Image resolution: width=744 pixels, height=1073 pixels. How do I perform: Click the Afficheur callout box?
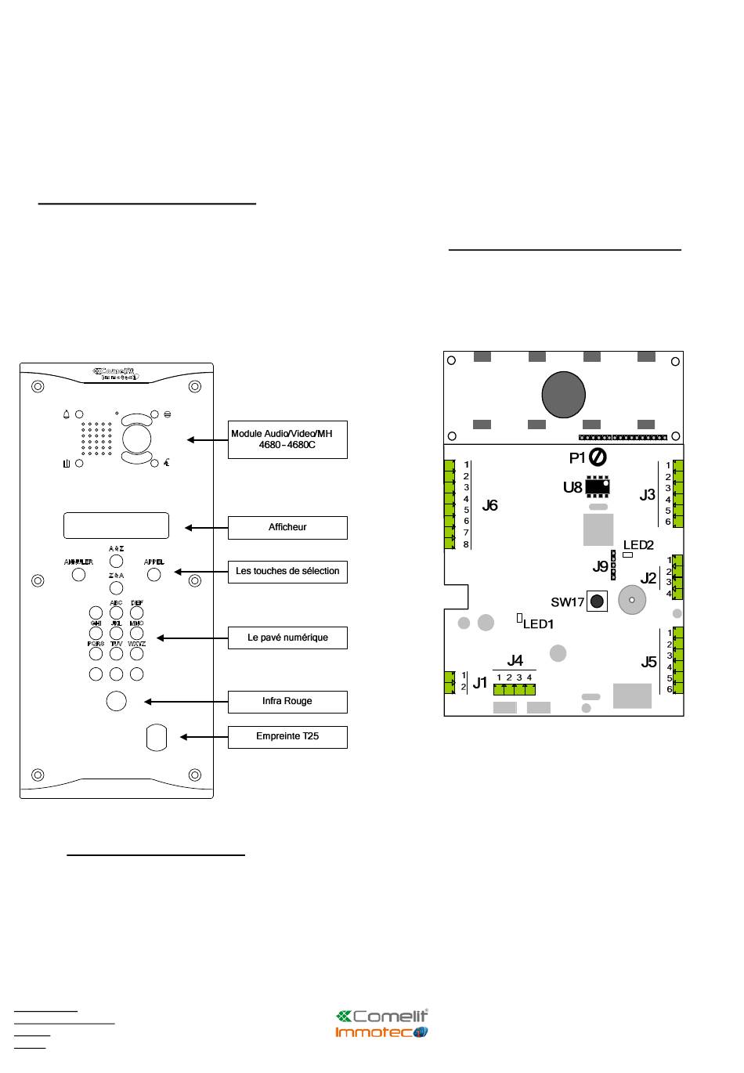(287, 528)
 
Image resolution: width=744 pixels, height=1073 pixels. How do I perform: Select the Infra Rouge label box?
(287, 702)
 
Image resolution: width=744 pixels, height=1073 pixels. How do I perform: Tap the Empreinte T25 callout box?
(287, 737)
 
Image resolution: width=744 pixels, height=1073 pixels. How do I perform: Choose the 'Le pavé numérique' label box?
(287, 638)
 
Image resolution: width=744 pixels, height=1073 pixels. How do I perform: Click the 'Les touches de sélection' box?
(287, 572)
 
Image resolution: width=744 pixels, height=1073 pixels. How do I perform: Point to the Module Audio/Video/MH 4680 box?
(287, 439)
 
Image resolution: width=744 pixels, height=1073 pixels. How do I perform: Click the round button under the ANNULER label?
(78, 574)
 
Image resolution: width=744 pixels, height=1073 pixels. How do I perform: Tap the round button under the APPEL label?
(154, 574)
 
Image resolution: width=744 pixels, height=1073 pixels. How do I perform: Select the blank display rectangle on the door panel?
(116, 526)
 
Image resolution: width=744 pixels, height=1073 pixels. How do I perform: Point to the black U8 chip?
(598, 486)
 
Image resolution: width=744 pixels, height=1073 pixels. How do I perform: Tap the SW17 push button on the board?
(598, 602)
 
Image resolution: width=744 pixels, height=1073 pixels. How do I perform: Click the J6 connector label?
(490, 506)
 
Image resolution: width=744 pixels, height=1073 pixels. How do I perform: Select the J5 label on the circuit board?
(648, 663)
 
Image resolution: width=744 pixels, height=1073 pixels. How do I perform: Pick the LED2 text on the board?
(638, 545)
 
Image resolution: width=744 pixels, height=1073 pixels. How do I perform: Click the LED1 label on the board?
(538, 624)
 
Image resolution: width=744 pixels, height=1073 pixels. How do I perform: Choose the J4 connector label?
(515, 660)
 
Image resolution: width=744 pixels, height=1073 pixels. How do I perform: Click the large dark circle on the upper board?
(563, 393)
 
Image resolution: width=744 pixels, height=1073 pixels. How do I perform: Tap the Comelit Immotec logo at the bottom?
(382, 1024)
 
